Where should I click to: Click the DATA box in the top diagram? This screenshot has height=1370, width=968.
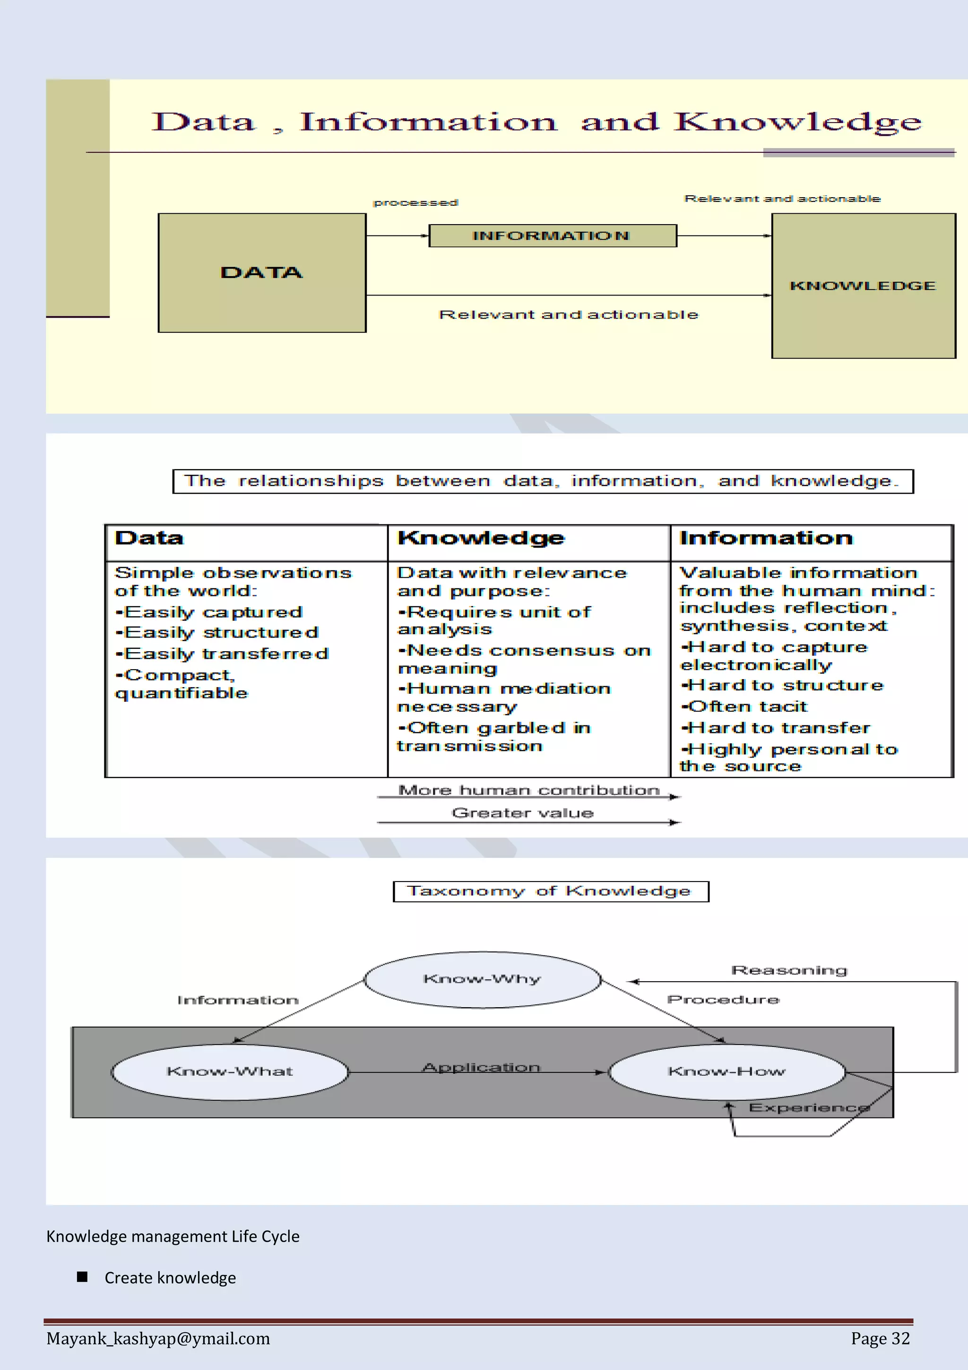pos(262,273)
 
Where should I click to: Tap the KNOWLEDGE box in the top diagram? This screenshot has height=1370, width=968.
pos(863,286)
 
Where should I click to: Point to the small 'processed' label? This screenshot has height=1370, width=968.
pos(416,203)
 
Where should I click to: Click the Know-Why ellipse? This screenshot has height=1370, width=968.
pos(482,979)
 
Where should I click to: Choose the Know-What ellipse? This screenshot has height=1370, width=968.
pos(230,1072)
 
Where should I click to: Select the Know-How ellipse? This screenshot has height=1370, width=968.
pos(726,1072)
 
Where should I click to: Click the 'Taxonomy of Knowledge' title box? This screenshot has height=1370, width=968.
pos(551,891)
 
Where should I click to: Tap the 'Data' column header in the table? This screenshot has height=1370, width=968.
pos(150,538)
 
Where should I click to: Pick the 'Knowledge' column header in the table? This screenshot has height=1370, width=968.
pos(481,538)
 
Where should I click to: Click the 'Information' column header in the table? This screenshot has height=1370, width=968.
pos(766,538)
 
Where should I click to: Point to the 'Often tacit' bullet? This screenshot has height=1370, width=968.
pos(744,707)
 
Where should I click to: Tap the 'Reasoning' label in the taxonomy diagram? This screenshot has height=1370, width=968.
pos(789,970)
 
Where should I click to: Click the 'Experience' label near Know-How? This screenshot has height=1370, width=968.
pos(809,1108)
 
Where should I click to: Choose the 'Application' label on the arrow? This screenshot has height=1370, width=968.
pos(481,1067)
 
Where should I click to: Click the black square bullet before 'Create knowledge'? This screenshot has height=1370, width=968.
pos(82,1277)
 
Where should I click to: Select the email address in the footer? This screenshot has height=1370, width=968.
pos(158,1338)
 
